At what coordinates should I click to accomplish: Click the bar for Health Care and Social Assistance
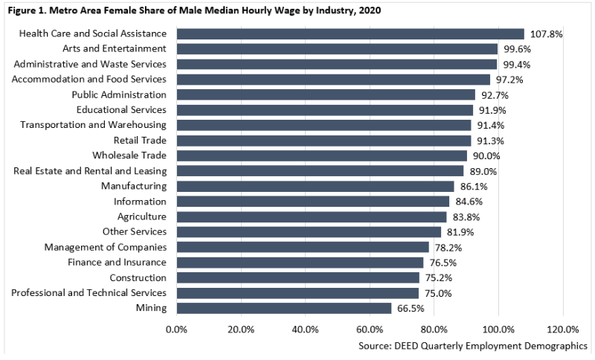[350, 33]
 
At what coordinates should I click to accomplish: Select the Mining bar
[284, 308]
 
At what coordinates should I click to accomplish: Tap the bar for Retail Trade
[324, 140]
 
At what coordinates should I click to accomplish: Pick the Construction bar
[298, 277]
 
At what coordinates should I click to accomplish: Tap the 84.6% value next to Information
[469, 202]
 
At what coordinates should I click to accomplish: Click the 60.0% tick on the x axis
[370, 329]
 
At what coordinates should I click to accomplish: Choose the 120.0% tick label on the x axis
[563, 329]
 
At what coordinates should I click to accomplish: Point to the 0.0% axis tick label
[177, 329]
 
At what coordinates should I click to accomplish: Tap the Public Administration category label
[119, 94]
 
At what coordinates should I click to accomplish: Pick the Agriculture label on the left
[141, 216]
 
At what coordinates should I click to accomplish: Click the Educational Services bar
[325, 109]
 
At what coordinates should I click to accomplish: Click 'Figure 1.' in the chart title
[25, 10]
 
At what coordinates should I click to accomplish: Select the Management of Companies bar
[303, 247]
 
